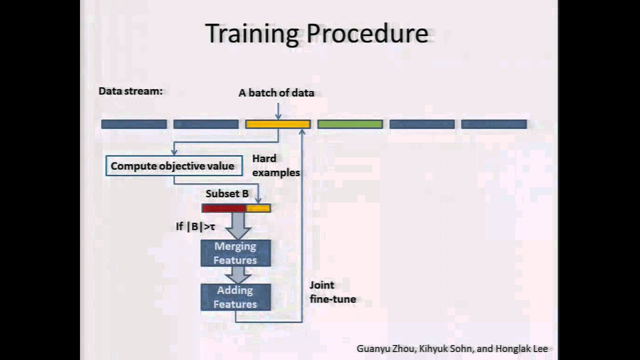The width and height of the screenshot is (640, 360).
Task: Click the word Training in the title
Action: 252,34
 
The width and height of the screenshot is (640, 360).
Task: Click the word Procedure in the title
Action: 367,34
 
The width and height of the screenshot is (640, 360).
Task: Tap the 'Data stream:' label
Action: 130,91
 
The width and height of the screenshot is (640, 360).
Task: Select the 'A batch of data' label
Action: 276,93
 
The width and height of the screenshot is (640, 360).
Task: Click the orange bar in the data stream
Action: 277,124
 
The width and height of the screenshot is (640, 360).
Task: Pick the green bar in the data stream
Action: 350,124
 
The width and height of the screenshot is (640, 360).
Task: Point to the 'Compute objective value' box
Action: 173,166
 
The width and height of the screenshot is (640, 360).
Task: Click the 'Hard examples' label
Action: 275,165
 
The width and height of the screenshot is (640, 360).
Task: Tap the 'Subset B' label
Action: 227,194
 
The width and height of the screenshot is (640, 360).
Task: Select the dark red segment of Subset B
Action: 224,208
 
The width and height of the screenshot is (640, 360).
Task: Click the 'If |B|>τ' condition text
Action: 195,226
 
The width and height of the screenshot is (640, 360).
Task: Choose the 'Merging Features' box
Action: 235,253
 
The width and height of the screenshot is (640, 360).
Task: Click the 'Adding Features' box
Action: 235,297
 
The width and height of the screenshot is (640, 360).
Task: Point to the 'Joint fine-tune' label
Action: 332,292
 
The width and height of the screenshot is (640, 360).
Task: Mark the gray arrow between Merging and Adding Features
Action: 237,274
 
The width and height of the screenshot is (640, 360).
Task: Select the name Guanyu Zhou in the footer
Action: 385,349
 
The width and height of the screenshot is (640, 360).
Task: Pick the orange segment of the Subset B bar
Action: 258,208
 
